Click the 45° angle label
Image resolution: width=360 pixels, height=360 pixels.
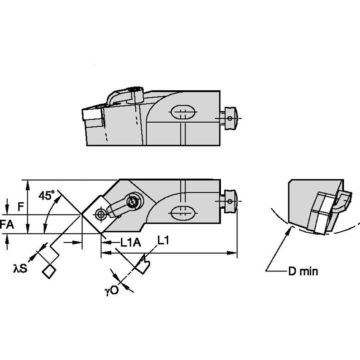click(x=47, y=196)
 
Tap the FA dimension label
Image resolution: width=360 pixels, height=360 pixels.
click(x=7, y=225)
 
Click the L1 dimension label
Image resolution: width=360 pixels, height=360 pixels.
click(x=163, y=240)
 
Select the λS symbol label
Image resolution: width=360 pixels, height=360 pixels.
click(x=20, y=268)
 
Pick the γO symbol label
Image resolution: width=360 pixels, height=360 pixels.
click(x=112, y=290)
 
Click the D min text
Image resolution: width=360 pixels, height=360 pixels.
click(x=303, y=272)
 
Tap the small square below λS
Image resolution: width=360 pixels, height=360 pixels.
click(x=49, y=272)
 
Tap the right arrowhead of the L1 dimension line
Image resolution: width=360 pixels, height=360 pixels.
click(x=234, y=253)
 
